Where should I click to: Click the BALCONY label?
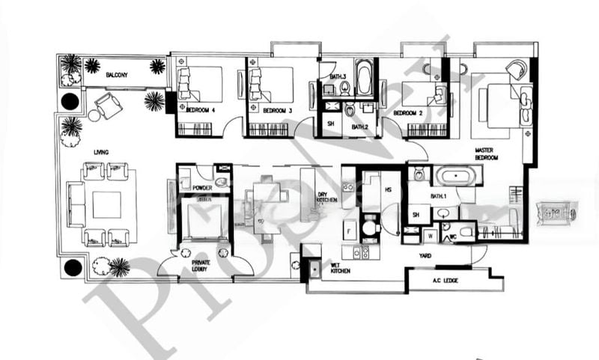115,75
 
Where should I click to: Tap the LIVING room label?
101,152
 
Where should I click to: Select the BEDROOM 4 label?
199,111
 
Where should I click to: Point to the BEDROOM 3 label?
276,111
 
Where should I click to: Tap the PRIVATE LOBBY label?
201,266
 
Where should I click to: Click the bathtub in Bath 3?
364,77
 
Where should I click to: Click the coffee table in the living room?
106,204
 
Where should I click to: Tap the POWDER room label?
201,188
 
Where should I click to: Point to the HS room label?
388,190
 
